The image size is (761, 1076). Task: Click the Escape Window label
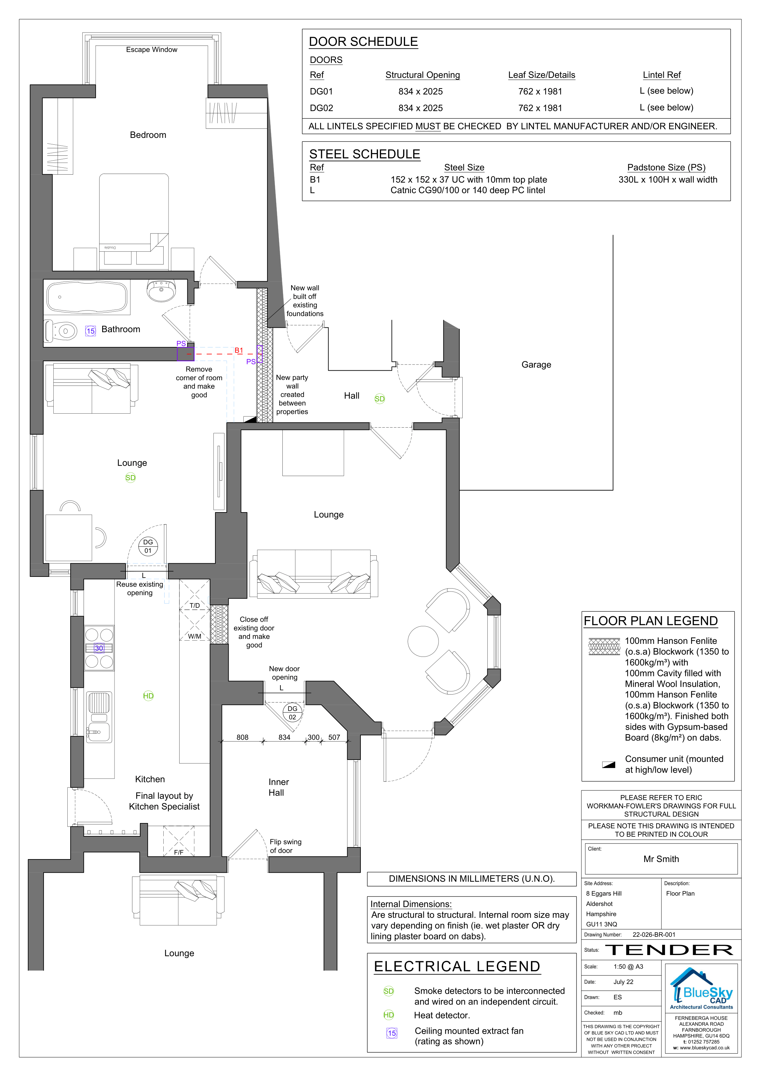pyautogui.click(x=151, y=50)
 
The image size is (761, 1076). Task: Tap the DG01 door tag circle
pyautogui.click(x=148, y=546)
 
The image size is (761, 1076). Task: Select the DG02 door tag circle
pyautogui.click(x=292, y=713)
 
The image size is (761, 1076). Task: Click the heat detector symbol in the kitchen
pyautogui.click(x=148, y=696)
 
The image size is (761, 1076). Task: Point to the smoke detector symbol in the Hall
pyautogui.click(x=380, y=399)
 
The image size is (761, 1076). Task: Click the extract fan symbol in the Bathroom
pyautogui.click(x=90, y=331)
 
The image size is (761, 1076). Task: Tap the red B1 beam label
pyautogui.click(x=239, y=350)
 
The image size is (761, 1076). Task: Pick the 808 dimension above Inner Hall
pyautogui.click(x=242, y=737)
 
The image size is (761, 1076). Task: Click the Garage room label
pyautogui.click(x=537, y=365)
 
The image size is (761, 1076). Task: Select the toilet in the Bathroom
pyautogui.click(x=61, y=331)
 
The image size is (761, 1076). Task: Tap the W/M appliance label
pyautogui.click(x=195, y=636)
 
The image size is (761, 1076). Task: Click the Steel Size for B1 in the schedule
pyautogui.click(x=469, y=179)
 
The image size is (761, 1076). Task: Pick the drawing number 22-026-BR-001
pyautogui.click(x=654, y=935)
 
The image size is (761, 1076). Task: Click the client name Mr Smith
pyautogui.click(x=661, y=859)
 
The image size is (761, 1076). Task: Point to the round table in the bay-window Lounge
pyautogui.click(x=423, y=642)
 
